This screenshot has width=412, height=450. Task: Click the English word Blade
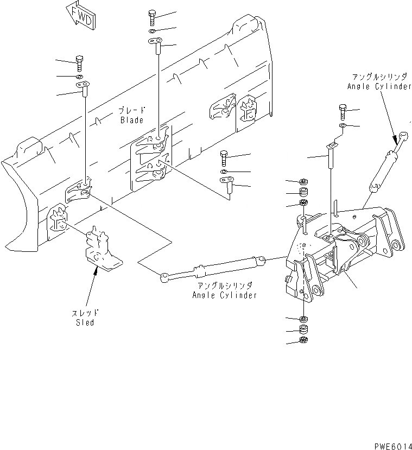(x=132, y=120)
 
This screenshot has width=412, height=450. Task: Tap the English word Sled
(x=85, y=322)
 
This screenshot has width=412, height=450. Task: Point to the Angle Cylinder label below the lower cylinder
(x=224, y=295)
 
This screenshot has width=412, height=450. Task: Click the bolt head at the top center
(x=152, y=18)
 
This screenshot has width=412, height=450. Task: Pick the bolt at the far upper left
(x=79, y=63)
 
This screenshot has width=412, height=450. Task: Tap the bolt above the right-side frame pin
(x=343, y=112)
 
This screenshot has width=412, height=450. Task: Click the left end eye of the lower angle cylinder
(x=163, y=278)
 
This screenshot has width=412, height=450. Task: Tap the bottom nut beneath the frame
(x=303, y=340)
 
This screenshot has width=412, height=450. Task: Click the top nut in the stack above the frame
(x=303, y=182)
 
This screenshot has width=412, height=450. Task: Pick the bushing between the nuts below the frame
(x=303, y=329)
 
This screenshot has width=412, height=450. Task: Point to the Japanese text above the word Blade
(x=132, y=110)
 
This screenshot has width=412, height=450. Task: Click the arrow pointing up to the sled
(x=96, y=282)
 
